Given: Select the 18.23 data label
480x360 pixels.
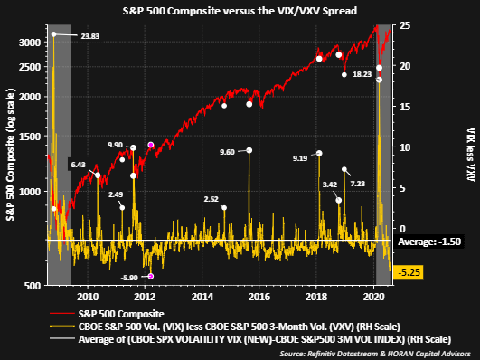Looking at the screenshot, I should pyautogui.click(x=362, y=75).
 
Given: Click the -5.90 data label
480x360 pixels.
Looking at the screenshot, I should pyautogui.click(x=131, y=277).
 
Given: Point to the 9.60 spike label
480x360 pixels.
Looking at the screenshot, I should pyautogui.click(x=226, y=151).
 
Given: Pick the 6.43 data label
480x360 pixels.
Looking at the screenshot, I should pyautogui.click(x=78, y=165).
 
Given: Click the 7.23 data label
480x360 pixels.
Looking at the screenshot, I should pyautogui.click(x=359, y=184).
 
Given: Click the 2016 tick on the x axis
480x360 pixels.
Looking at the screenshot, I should pyautogui.click(x=259, y=295).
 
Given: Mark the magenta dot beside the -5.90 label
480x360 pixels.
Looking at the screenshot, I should pyautogui.click(x=151, y=276).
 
